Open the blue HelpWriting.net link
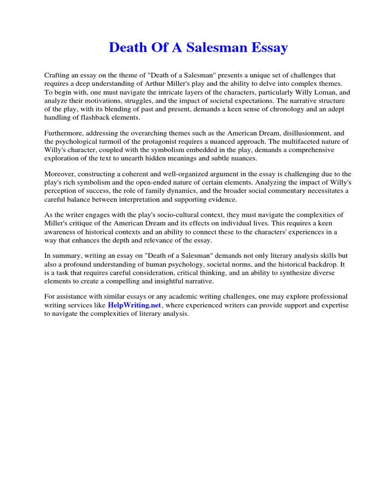click(x=134, y=305)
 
